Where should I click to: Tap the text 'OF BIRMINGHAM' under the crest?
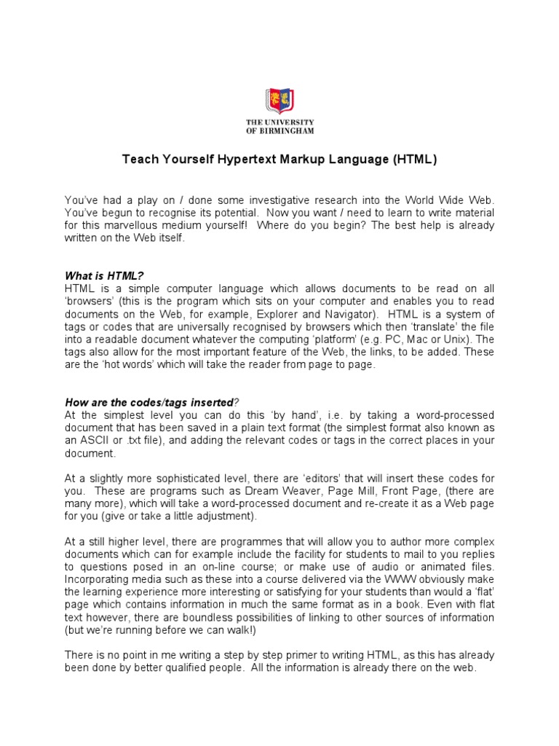click(x=279, y=131)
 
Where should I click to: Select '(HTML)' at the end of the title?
click(x=413, y=160)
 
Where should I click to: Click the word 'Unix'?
click(x=452, y=339)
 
